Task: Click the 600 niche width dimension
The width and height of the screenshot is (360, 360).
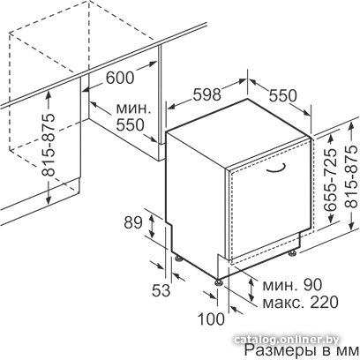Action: point(120,78)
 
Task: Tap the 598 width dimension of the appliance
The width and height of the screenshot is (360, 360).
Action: point(207,94)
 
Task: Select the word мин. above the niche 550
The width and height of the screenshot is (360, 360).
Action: point(133,109)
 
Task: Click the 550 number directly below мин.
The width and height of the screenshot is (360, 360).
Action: point(130,125)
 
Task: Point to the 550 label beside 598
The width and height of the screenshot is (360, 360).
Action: point(283,96)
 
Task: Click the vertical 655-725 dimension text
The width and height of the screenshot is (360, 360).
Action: point(330,180)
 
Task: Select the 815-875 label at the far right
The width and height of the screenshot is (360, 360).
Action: point(351,176)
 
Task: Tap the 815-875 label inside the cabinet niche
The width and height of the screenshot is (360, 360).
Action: point(48,145)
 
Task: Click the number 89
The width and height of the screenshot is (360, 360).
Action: point(133,222)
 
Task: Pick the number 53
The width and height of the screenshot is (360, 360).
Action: point(161,290)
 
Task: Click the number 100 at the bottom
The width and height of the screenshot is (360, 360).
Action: point(211,319)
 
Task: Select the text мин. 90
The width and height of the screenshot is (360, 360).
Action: point(292,285)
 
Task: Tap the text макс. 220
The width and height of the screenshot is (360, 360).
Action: point(300,302)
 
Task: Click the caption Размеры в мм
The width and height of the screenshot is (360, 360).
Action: point(302,351)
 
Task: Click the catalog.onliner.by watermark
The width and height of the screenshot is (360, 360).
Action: point(287,340)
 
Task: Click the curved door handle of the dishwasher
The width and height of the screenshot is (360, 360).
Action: point(275,169)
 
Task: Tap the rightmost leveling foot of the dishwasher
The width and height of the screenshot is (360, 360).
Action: point(292,252)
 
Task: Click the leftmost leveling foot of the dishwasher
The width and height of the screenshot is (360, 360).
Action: point(179,258)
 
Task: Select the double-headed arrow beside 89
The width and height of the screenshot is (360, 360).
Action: point(152,226)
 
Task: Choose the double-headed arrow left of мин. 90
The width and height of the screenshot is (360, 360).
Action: point(251,289)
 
